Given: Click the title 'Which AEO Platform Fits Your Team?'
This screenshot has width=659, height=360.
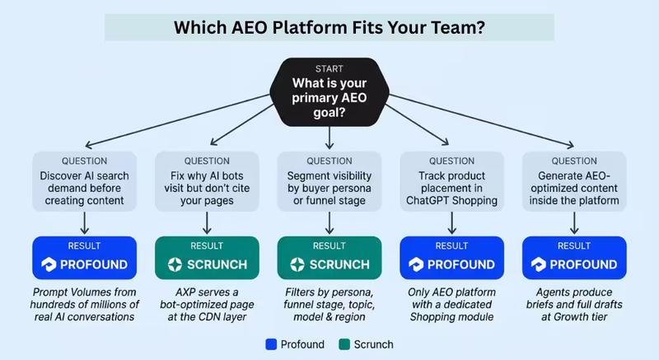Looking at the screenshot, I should point(329,26).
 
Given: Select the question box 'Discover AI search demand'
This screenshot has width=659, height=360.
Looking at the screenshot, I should point(83,180).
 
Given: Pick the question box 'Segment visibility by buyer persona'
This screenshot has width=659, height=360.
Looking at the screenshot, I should point(329,180).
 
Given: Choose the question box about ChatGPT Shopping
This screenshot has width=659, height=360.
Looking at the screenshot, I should point(452,180).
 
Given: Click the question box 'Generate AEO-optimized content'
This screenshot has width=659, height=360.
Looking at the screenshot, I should point(575,180).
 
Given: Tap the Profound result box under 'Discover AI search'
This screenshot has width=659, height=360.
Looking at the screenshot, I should point(83,259).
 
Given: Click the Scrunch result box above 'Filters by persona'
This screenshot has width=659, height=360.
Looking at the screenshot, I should point(329,259).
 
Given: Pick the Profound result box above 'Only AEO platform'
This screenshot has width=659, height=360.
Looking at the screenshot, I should point(452,259).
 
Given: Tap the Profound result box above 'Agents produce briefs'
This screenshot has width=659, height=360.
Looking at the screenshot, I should point(575,259).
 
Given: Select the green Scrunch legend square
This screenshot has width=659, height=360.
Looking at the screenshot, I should point(344,343).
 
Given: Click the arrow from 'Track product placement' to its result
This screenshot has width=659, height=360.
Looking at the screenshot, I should point(452,222).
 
